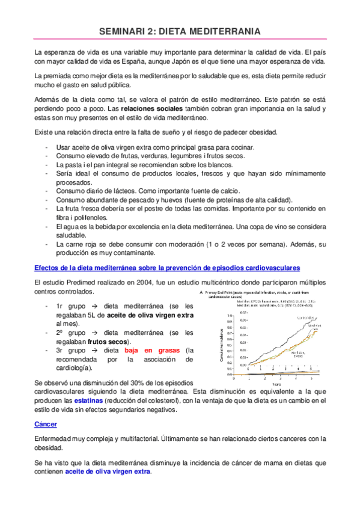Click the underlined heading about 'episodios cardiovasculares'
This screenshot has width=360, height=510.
pos(168,267)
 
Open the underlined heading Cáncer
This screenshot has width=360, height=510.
pos(46,425)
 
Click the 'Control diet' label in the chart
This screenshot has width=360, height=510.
pos(304,316)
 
